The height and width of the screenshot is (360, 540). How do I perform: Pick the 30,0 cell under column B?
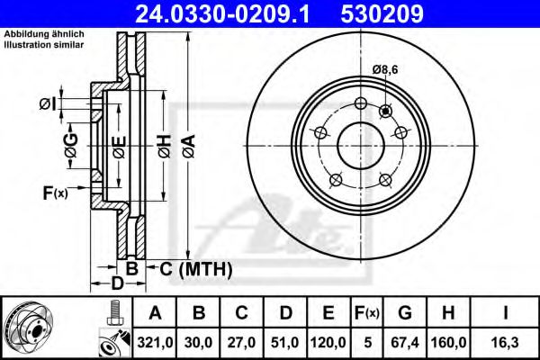point(200,341)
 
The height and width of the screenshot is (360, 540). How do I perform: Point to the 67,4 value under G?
point(406,341)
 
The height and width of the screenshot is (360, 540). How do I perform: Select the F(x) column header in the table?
point(369,313)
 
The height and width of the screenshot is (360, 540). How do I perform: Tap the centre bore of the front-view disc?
point(359,144)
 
